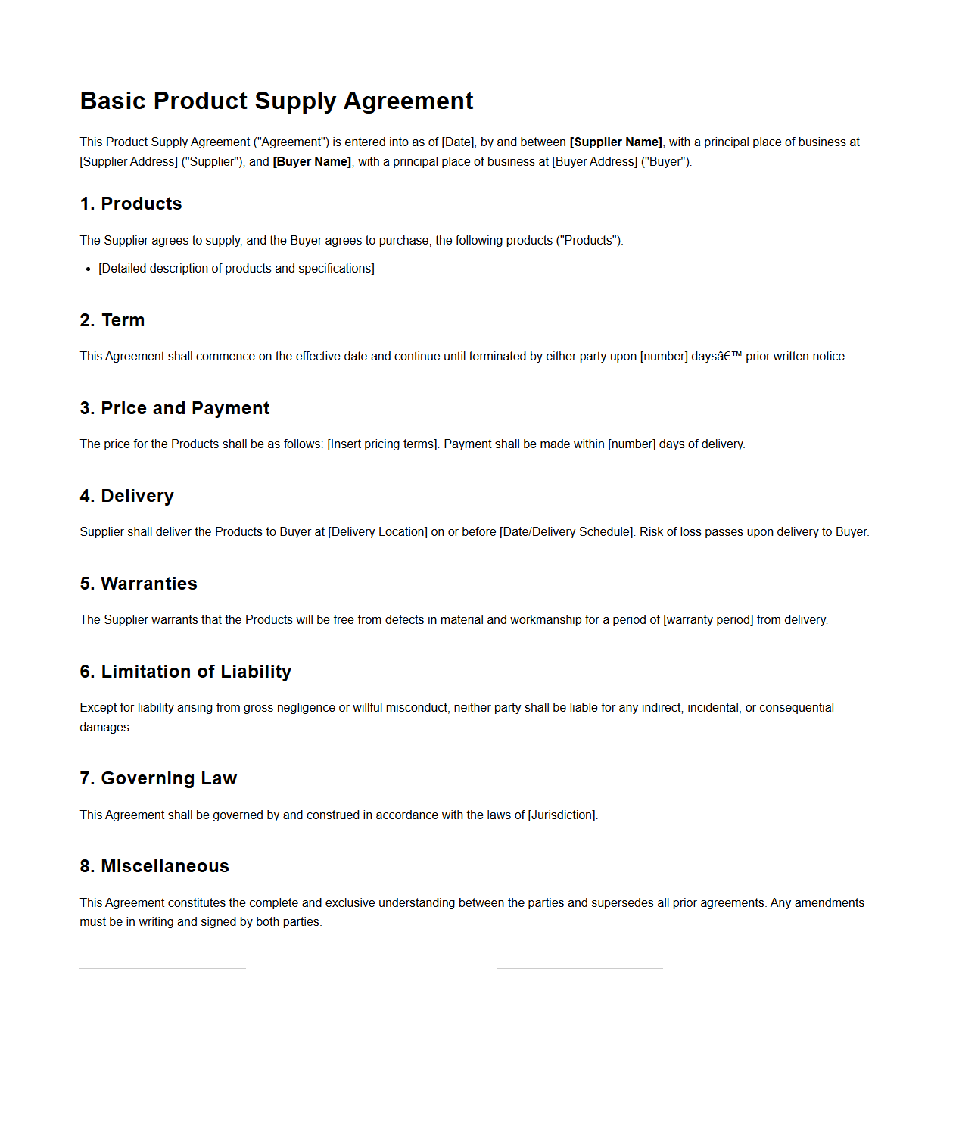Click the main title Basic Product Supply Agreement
tap(276, 101)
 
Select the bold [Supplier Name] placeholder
tap(615, 142)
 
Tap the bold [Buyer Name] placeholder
tap(312, 161)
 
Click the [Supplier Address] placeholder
tap(129, 161)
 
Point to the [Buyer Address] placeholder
tap(594, 161)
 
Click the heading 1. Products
tap(131, 204)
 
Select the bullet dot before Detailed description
tap(88, 269)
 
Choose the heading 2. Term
tap(112, 320)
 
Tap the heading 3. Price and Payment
tap(175, 408)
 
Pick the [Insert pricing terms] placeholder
tap(382, 444)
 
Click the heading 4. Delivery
tap(126, 496)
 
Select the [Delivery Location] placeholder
tap(378, 531)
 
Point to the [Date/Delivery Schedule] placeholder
tap(566, 531)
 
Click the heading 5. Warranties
tap(139, 584)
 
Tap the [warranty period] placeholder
tap(708, 619)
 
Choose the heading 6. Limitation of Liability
tap(185, 672)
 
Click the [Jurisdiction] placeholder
tap(562, 815)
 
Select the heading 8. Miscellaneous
tap(154, 866)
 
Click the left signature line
tap(163, 968)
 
